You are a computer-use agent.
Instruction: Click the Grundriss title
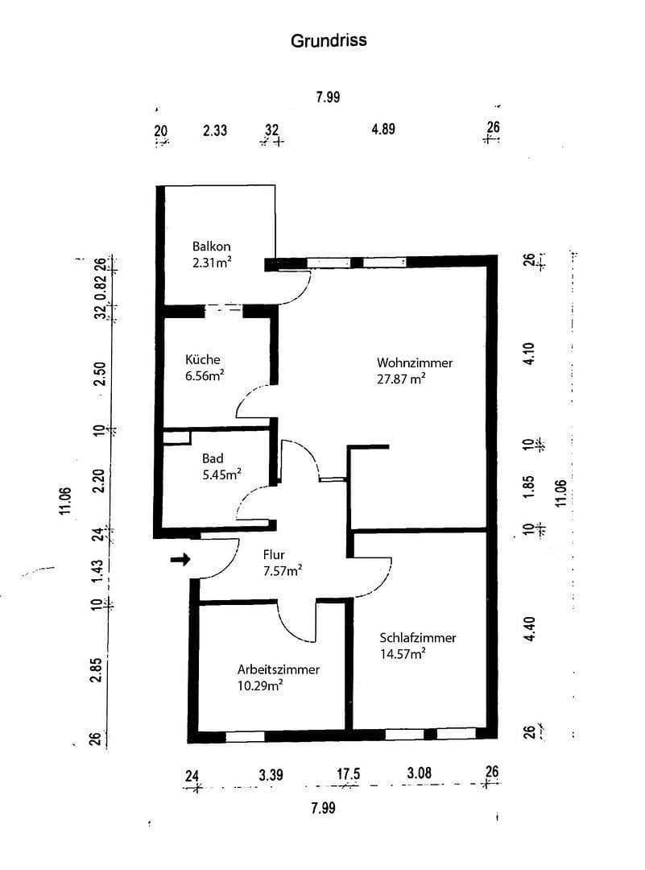[329, 40]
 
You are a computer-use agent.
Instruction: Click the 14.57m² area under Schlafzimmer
[403, 654]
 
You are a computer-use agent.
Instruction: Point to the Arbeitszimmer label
[279, 669]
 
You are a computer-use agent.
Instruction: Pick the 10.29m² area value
[260, 686]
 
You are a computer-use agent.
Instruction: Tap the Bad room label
[213, 458]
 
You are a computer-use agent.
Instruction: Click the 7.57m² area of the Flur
[283, 571]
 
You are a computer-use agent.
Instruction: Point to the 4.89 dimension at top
[383, 129]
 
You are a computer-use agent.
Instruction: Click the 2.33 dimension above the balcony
[214, 129]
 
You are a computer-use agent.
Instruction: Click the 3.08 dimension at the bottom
[420, 773]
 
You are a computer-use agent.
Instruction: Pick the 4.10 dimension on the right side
[528, 354]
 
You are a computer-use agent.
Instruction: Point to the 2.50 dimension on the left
[100, 374]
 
